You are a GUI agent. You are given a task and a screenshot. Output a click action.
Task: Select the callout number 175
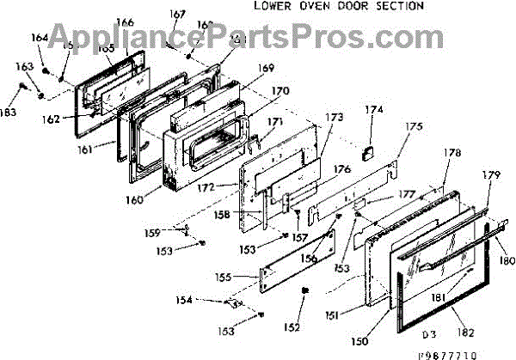tap(415, 127)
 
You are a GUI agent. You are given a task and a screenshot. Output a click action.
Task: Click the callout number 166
tap(125, 22)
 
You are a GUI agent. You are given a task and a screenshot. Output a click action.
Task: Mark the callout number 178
tap(453, 153)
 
